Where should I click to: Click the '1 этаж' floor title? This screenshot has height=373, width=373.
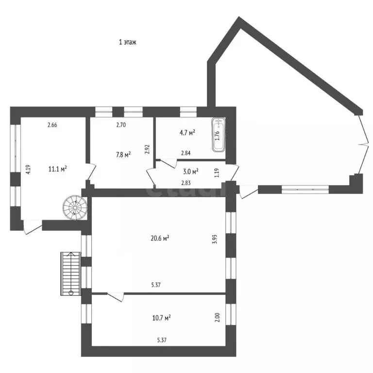click(128, 42)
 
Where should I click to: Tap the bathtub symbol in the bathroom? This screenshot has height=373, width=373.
click(218, 135)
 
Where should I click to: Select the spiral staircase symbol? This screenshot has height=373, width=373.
click(73, 207)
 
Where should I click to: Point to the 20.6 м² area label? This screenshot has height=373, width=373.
click(160, 238)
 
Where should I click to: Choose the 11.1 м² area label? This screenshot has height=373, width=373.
click(57, 169)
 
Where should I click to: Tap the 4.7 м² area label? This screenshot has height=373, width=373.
click(187, 132)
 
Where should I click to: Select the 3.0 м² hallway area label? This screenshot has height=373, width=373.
click(190, 171)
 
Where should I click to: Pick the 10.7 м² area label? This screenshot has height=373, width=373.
click(161, 318)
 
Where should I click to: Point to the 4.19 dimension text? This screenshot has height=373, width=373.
click(28, 170)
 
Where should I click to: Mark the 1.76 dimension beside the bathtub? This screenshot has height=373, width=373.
click(217, 135)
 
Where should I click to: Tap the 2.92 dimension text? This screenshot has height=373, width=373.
click(147, 149)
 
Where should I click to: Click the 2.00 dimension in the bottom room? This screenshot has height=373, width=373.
click(217, 318)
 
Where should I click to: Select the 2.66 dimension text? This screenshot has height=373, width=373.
click(52, 125)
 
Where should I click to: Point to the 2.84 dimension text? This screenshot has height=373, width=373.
click(186, 153)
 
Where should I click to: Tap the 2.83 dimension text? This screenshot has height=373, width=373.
click(186, 183)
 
